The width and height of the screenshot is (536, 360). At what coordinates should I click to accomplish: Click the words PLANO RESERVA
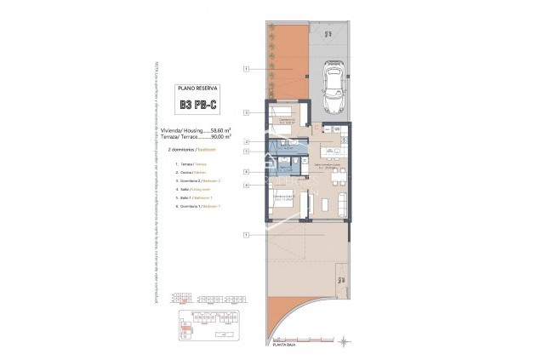[197, 88]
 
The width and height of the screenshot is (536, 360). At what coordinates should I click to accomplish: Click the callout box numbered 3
[245, 111]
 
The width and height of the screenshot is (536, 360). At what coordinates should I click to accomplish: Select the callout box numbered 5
[245, 151]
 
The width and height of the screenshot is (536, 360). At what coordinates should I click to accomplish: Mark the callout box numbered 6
[245, 185]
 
